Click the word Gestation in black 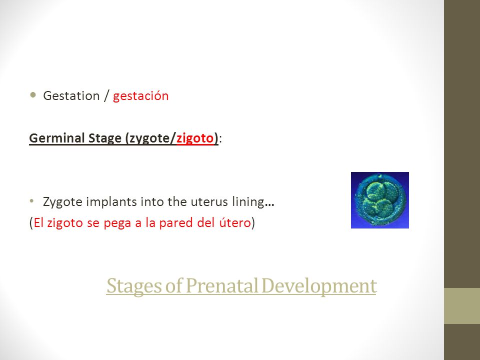(x=71, y=96)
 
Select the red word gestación (x=141, y=96)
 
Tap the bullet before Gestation (x=33, y=94)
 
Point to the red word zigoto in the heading (x=195, y=138)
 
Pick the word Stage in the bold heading (x=105, y=138)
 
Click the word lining (x=248, y=202)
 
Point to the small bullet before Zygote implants (x=31, y=201)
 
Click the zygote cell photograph (x=380, y=200)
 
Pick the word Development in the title (x=319, y=286)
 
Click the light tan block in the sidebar (x=462, y=306)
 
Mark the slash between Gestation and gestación (x=106, y=96)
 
